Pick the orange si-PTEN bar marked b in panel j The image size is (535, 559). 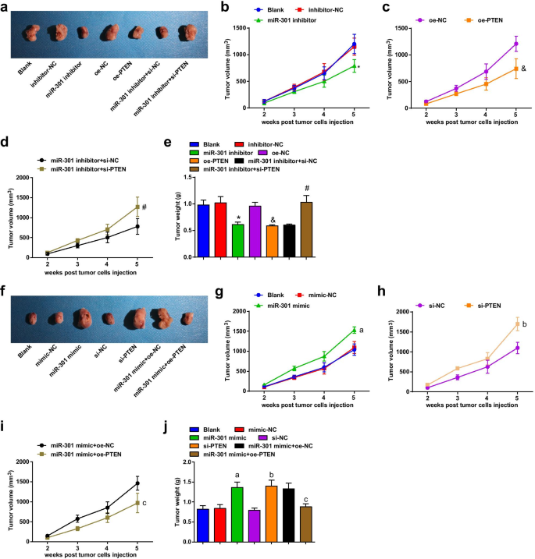coord(272,514)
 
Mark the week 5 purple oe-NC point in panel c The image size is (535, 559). coord(515,44)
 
